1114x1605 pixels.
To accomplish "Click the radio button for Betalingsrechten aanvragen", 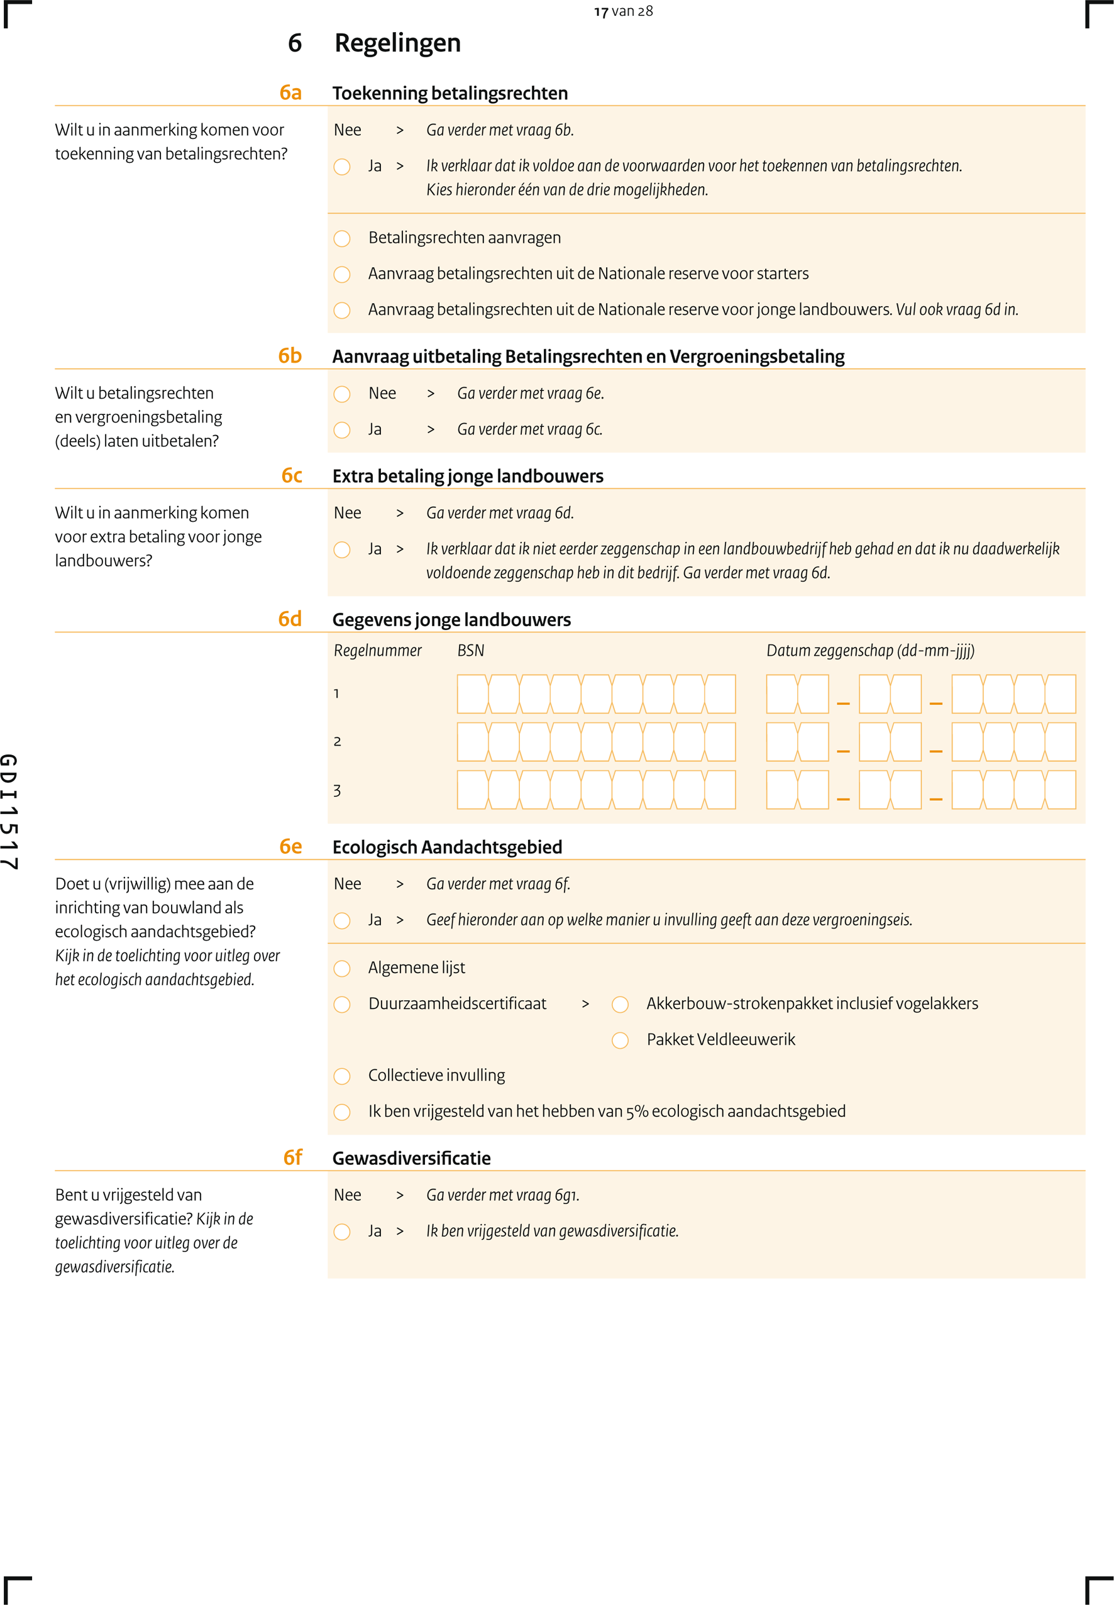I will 342,239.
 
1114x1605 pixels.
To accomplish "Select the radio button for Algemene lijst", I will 342,969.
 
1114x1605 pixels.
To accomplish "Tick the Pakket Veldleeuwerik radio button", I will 620,1040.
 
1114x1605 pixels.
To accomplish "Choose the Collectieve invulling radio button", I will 342,1076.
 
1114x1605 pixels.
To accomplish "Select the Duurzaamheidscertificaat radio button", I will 342,1004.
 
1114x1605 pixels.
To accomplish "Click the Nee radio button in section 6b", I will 342,394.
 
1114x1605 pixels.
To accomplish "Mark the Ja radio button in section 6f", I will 342,1232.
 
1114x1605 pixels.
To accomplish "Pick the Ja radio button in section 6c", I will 342,550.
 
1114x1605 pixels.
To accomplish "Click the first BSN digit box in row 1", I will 473,693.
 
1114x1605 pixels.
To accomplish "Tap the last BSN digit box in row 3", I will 720,790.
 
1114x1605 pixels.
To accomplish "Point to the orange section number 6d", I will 290,619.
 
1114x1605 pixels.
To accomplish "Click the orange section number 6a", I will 290,93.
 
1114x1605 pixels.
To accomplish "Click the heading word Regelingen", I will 397,43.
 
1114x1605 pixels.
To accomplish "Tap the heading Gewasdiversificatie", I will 411,1159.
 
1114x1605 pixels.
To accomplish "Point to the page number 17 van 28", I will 623,11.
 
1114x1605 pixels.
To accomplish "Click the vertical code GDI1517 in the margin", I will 9,812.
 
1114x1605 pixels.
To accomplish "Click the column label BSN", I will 470,651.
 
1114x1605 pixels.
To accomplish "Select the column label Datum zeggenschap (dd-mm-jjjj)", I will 869,651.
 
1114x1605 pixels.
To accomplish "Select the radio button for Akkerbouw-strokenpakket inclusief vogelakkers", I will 620,1004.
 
